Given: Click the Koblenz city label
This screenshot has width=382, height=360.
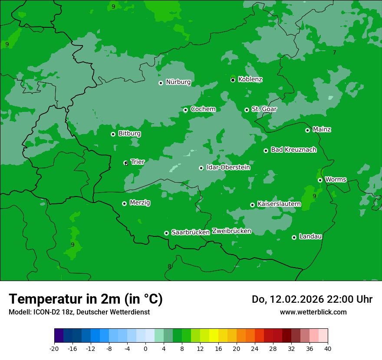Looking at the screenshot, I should (x=250, y=79).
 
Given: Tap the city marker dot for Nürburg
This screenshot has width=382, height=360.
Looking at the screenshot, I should (x=161, y=83).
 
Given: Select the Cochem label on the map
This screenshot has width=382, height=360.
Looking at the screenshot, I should (x=203, y=109).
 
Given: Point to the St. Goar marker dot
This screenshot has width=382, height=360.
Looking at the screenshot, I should (x=247, y=110).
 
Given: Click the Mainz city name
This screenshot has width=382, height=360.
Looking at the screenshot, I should (x=322, y=129).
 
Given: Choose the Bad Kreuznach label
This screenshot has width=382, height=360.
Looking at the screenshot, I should (x=293, y=150).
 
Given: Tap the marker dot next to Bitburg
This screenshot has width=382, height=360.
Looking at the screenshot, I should (x=113, y=134).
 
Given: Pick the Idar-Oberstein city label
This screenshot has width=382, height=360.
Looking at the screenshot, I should (x=228, y=167).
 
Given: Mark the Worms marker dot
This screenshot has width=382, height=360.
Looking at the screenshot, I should (x=320, y=180).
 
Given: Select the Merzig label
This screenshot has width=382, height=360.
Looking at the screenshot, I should (x=140, y=203).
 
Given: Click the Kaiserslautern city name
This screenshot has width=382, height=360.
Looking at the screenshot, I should (x=279, y=204).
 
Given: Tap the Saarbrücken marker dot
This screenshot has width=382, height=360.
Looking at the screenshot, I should (x=166, y=233).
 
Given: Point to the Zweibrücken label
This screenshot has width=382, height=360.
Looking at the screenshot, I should (x=231, y=231).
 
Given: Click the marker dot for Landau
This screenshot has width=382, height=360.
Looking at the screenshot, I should (x=294, y=237).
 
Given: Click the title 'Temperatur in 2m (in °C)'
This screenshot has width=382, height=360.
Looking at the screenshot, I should (x=86, y=299).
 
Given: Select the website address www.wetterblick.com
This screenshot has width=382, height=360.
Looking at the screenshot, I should (x=313, y=312).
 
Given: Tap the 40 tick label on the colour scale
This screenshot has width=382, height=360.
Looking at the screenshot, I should (x=327, y=348).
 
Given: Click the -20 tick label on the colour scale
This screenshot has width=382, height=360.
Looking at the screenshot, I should (x=54, y=348).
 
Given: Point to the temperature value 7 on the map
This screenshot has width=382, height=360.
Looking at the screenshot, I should (x=334, y=52).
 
